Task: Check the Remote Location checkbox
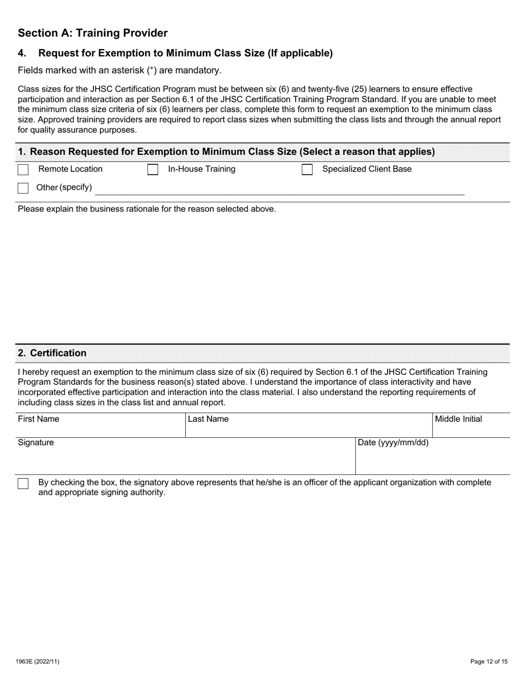coord(23,170)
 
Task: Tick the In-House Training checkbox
coord(153,170)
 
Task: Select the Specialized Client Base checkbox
coord(307,170)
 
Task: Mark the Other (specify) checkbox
coord(23,188)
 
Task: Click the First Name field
coord(101,429)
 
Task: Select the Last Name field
coord(308,429)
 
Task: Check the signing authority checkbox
coord(23,484)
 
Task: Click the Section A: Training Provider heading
coord(93,33)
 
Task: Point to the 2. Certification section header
coord(58,353)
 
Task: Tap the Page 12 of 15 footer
coord(489,661)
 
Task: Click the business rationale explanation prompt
coord(146,209)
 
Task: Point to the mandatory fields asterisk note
coord(119,70)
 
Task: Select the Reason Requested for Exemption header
coord(226,151)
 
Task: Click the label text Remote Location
coord(70,169)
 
